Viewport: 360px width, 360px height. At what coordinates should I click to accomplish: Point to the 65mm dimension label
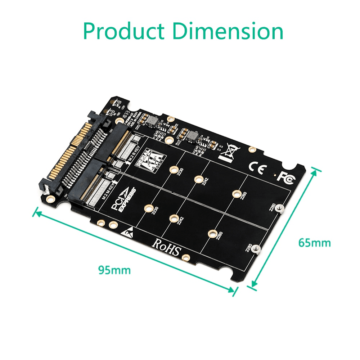point(314,243)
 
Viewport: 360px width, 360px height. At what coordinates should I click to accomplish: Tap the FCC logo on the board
point(285,176)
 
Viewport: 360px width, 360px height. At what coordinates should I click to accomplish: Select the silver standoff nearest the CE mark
point(282,208)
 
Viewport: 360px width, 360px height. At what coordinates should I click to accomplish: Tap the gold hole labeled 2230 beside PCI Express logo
point(148,208)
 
